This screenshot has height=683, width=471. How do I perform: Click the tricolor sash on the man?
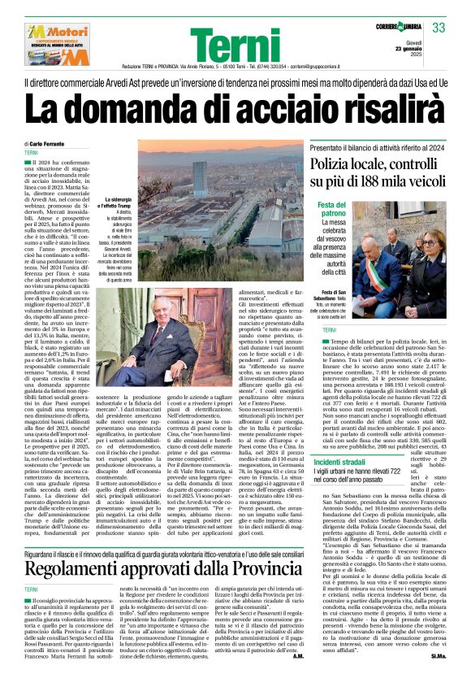coord(382,276)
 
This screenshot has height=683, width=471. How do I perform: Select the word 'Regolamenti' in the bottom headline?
coord(80,570)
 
